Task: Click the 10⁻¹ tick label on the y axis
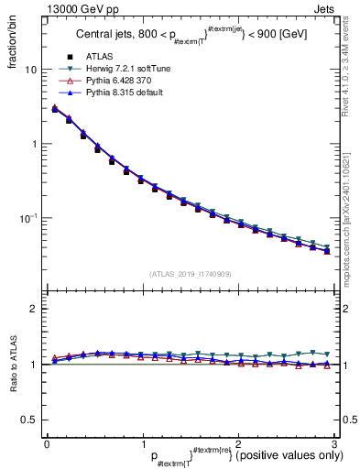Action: tap(27, 218)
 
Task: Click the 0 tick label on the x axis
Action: tap(47, 443)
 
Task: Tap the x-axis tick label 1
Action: tap(142, 443)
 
